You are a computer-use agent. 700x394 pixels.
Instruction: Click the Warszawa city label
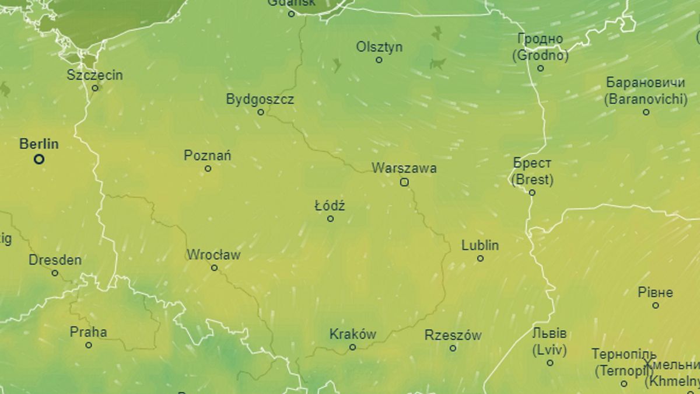point(404,169)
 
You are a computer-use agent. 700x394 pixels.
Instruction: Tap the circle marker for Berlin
point(39,159)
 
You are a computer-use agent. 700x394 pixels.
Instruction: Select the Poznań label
point(208,155)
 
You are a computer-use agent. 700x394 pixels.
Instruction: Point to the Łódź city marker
point(330,219)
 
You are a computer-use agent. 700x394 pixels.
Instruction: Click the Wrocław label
point(213,255)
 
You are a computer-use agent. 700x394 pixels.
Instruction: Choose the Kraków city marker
point(352,347)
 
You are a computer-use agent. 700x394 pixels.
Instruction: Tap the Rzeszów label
point(453,335)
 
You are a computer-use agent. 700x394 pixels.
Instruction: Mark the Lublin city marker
point(480,258)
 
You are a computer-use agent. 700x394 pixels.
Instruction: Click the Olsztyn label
point(379,47)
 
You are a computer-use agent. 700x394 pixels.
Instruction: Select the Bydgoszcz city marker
point(261,112)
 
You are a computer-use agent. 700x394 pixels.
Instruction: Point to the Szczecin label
point(95,75)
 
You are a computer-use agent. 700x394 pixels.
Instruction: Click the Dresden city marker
point(55,273)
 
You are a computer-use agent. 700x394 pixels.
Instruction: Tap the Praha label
point(89,332)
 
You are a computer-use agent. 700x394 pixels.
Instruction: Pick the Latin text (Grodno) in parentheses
point(540,56)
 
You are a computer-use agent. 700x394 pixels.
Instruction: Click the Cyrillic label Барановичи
point(646,82)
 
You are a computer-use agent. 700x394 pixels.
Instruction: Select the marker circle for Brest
point(532,193)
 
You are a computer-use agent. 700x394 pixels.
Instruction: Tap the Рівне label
point(656,292)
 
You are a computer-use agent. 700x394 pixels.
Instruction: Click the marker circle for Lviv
point(549,362)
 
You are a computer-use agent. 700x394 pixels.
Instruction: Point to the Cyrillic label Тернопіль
point(624,354)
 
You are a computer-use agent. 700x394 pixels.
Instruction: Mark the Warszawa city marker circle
point(404,182)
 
